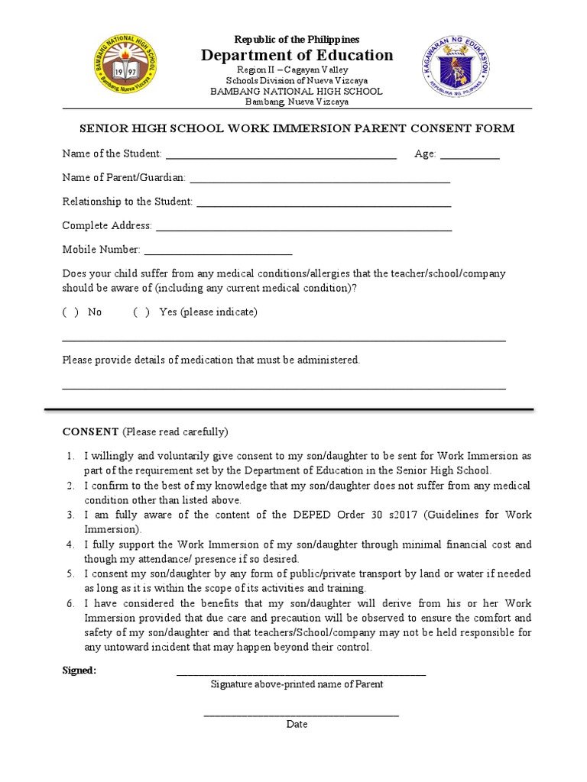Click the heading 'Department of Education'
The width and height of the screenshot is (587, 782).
click(297, 55)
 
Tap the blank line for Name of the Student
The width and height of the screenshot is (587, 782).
click(281, 156)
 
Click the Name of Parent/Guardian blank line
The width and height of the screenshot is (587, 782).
click(319, 180)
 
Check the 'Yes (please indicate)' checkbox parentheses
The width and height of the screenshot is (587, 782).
click(141, 312)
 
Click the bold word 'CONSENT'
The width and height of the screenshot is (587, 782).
click(90, 432)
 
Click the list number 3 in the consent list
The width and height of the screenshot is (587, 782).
click(70, 515)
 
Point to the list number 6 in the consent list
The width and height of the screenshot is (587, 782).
click(70, 603)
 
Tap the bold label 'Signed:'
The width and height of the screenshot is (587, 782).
click(79, 671)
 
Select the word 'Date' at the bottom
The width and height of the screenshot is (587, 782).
click(297, 724)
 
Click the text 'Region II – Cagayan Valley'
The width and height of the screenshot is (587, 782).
click(297, 69)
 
